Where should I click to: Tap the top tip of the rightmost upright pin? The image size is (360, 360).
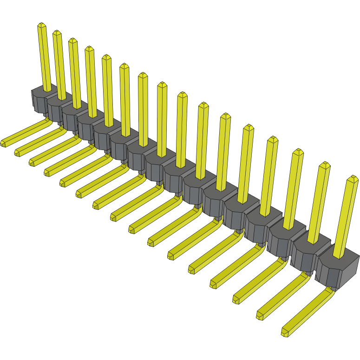coord(353,179)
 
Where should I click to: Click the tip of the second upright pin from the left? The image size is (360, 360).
coord(57,33)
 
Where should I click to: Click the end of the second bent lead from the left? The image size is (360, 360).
coord(18,152)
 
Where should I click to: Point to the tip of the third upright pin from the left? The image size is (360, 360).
coord(72,41)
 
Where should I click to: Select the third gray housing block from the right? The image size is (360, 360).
coord(283,240)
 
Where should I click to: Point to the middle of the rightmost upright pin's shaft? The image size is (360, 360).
coord(346,216)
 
